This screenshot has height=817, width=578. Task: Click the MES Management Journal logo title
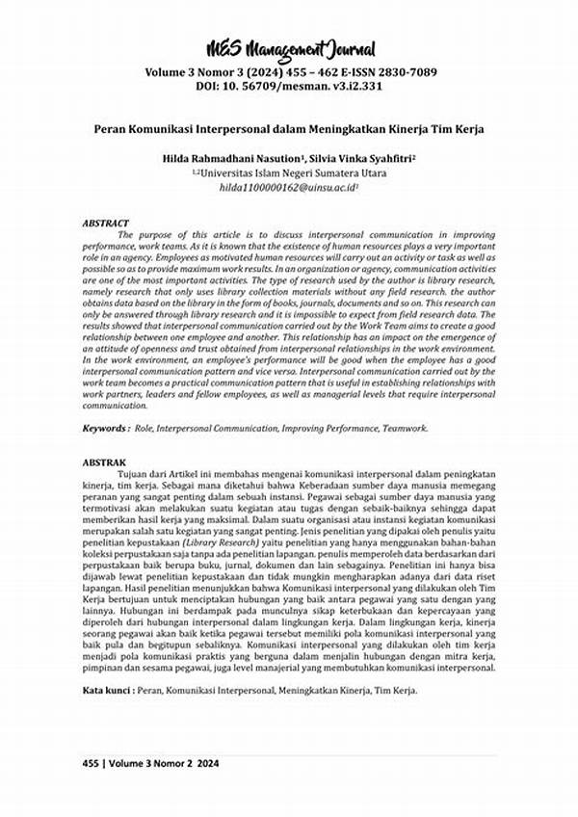click(289, 49)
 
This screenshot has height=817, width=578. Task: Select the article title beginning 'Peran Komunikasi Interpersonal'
click(289, 128)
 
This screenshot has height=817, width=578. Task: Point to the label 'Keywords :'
click(106, 427)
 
